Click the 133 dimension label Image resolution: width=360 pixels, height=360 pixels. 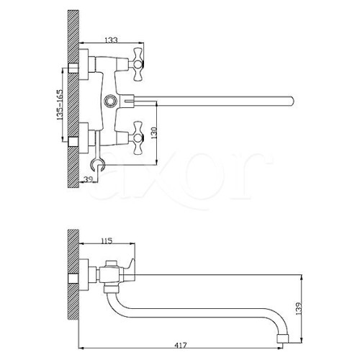pos(112,40)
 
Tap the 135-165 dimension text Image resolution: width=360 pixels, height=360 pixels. pos(59,104)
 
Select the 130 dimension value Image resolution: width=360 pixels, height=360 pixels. pos(154,132)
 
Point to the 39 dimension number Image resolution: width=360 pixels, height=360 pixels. pos(88,179)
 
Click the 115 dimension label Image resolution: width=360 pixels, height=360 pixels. pos(107,240)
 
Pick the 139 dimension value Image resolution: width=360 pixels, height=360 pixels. pos(299,308)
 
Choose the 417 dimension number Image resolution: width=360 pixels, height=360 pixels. pos(181,345)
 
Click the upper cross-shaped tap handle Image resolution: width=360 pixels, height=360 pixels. pos(138,64)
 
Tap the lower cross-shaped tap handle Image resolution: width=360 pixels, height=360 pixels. pos(138,138)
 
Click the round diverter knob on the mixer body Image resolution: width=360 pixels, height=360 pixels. pos(111,101)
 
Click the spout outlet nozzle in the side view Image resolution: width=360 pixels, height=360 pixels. pos(283,338)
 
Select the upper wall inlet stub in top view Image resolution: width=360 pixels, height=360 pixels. pos(73,68)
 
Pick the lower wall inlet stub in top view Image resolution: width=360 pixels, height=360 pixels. pos(73,142)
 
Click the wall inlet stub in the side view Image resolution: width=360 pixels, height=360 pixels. pos(73,279)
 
